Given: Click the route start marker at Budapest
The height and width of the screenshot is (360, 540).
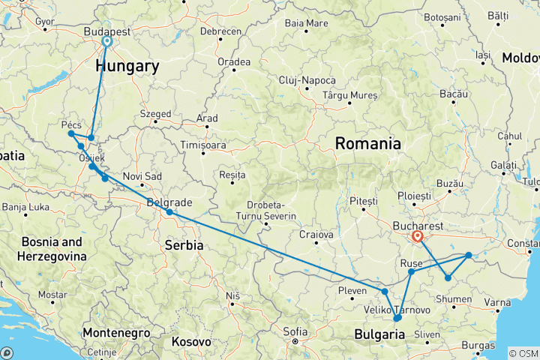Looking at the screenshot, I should click(106, 42).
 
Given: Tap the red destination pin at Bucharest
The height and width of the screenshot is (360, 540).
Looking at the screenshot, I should click(417, 237).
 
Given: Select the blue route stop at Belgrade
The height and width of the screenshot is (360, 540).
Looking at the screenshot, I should click(169, 212).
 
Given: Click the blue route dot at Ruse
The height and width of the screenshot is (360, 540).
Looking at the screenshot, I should click(411, 271).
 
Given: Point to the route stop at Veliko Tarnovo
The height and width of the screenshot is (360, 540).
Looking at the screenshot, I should click(397, 318).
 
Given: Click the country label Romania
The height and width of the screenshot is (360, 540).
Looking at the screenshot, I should click(367, 142).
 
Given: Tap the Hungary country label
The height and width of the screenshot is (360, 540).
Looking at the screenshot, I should click(127, 67).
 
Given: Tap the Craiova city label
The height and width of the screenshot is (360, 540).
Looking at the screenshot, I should click(316, 235).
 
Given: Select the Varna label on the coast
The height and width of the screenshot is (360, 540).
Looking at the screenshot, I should click(497, 302).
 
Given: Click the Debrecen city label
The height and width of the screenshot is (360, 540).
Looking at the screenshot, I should click(221, 31).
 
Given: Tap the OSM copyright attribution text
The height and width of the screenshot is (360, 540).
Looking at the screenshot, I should click(522, 353).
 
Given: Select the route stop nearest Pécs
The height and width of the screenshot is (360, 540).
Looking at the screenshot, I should click(71, 133).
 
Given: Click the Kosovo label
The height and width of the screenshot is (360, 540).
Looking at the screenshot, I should click(191, 341).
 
